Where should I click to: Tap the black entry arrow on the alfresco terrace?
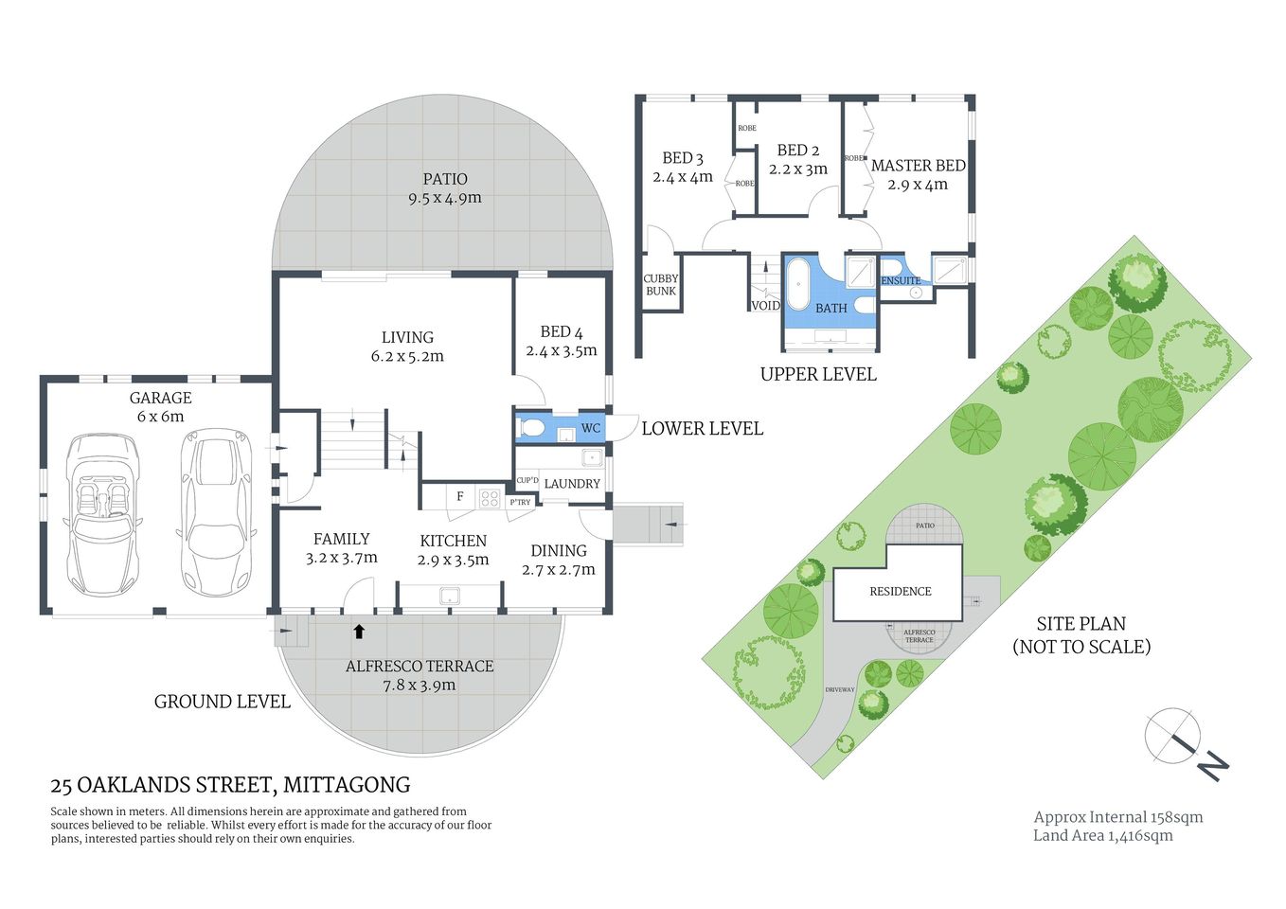click(x=359, y=631)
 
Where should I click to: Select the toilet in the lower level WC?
click(x=531, y=428)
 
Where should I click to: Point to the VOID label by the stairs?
click(x=765, y=306)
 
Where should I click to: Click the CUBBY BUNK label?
click(x=661, y=285)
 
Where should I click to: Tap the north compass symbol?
click(x=1174, y=736)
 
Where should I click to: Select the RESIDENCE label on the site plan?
click(x=900, y=591)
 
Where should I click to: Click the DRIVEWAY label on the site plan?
click(x=839, y=689)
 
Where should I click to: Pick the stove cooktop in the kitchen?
click(x=490, y=498)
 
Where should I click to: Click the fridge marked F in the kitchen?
click(x=460, y=496)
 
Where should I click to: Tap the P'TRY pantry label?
click(x=520, y=502)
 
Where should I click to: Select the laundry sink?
click(x=592, y=459)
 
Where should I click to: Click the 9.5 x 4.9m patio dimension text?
click(x=445, y=198)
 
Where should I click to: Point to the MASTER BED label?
click(x=918, y=166)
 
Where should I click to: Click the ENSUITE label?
click(x=901, y=280)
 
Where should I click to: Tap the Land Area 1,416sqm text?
click(x=1102, y=835)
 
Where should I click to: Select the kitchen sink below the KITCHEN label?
click(x=449, y=596)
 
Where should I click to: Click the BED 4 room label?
click(x=562, y=332)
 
